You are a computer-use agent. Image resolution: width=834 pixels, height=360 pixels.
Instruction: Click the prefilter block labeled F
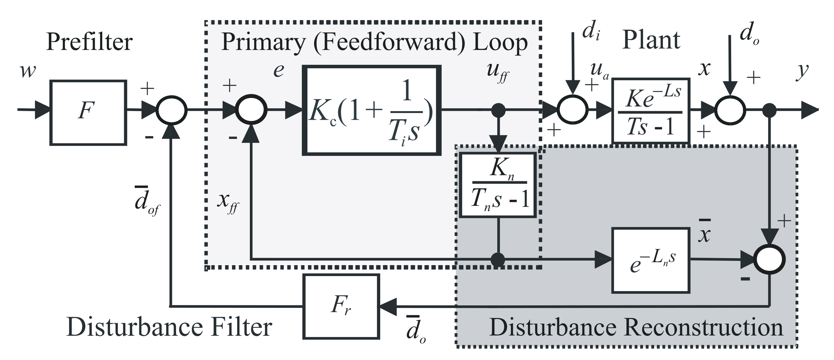coord(88,112)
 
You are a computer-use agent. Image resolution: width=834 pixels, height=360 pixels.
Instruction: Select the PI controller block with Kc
coord(371,111)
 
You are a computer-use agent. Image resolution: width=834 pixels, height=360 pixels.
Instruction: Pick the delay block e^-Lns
coord(651,260)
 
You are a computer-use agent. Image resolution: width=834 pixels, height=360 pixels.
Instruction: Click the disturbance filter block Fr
coord(341,307)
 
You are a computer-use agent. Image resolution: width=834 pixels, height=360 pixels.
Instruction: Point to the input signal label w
coord(28,71)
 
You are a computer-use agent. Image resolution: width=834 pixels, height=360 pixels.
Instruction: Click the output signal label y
coord(802,72)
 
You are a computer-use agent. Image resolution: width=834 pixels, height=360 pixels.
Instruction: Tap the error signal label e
coord(279,71)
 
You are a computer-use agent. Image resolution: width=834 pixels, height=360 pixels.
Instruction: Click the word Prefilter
coord(89,42)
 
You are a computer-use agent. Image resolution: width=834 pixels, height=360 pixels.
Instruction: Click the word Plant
coord(651,40)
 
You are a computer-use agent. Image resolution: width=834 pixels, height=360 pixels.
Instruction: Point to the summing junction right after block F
coord(172,110)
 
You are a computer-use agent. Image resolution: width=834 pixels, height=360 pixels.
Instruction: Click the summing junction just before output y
coord(731,110)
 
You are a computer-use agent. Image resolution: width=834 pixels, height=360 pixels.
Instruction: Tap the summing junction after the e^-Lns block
coord(769,259)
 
